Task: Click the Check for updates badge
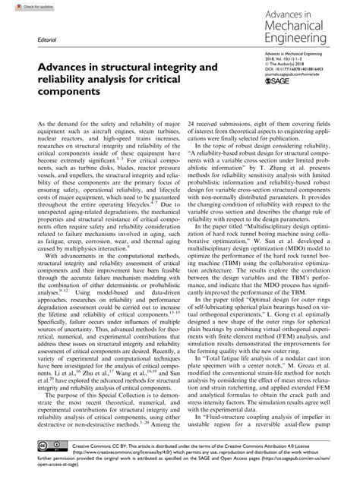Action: [21, 7]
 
